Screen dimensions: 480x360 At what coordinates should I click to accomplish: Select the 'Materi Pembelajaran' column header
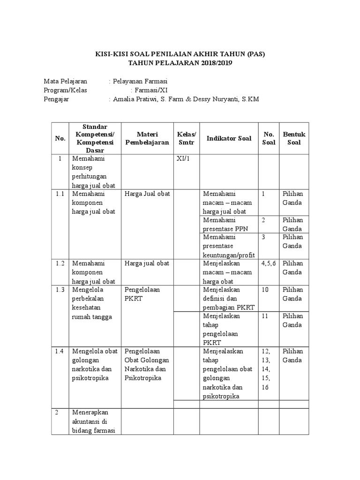pos(147,138)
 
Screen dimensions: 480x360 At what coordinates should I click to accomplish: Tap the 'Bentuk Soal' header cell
pos(294,138)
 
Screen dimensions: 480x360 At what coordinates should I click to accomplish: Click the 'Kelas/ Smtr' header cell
pos(187,138)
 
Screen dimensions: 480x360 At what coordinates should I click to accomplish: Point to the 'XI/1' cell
pos(183,158)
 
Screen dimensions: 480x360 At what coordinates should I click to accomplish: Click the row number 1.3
pos(60,290)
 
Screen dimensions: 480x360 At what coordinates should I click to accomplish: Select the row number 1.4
pos(60,351)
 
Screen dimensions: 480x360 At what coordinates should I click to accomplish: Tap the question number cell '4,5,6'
pos(269,263)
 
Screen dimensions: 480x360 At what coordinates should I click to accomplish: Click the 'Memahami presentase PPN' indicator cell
pos(225,224)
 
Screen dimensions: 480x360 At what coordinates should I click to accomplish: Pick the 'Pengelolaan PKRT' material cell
pos(142,294)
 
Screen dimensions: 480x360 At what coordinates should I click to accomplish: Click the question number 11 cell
pos(265,316)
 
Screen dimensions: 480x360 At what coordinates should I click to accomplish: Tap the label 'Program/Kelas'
pos(65,90)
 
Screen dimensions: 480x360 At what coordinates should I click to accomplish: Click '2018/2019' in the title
pos(211,63)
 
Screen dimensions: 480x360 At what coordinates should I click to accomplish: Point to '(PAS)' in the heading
pos(256,54)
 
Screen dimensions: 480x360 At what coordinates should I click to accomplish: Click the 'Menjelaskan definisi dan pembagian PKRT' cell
pos(228,298)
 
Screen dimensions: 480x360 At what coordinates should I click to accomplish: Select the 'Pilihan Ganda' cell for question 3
pos(292,241)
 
